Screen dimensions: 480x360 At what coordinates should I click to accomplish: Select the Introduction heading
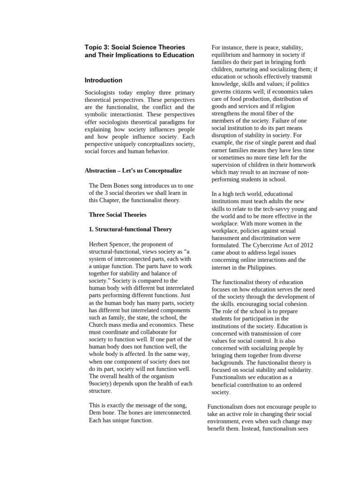(x=104, y=80)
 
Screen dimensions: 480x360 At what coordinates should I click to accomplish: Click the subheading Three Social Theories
(x=118, y=215)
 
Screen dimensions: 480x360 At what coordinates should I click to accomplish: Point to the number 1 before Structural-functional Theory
(x=91, y=229)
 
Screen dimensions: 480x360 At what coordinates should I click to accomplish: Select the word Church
(x=98, y=325)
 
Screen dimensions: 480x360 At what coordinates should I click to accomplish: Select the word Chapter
(x=115, y=200)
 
